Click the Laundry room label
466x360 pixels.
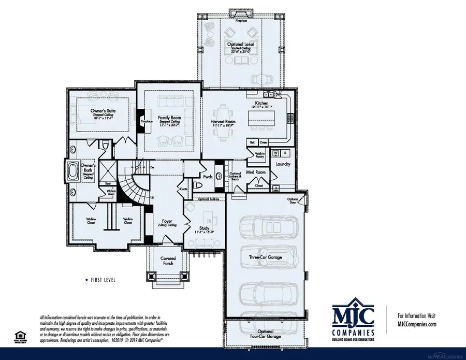click(283, 164)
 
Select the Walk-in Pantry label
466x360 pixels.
click(257, 154)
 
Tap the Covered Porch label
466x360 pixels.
click(168, 261)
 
